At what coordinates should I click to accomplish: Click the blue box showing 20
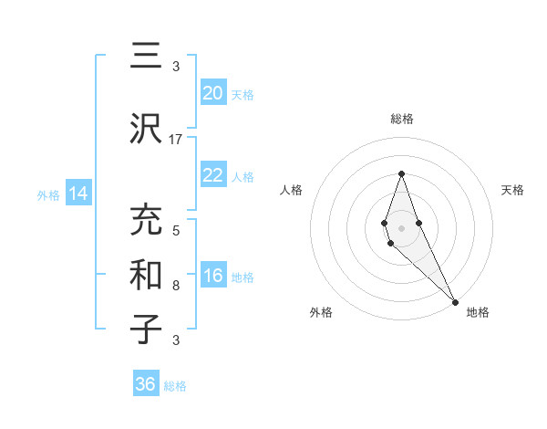coord(213,93)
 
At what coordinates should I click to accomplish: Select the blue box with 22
coord(213,175)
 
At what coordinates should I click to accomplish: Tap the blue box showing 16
coord(213,276)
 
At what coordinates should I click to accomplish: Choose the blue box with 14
coord(78,194)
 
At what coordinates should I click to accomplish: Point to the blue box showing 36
coord(146,384)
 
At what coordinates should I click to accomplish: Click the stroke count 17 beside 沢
coord(176,139)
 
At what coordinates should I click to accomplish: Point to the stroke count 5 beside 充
coord(176,230)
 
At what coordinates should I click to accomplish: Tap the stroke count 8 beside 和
coord(176,286)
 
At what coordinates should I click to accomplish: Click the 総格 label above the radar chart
coord(401,119)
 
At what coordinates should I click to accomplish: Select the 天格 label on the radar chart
coord(512,190)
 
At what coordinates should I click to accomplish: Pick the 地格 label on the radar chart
coord(478,312)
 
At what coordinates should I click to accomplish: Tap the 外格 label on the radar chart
coord(321,312)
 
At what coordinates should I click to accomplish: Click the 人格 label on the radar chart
coord(292,190)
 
